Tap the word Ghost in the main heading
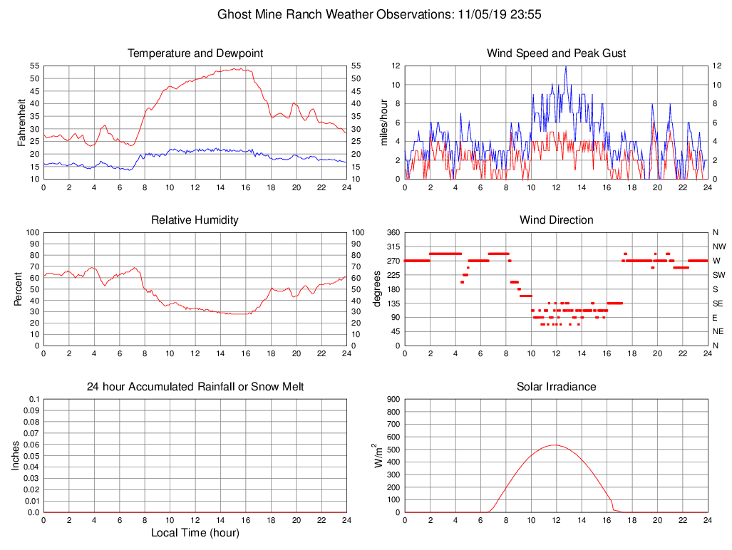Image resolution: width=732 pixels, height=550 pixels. pyautogui.click(x=234, y=14)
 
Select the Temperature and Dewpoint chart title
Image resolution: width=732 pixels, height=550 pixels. pyautogui.click(x=195, y=53)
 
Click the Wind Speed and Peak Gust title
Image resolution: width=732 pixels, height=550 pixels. pyautogui.click(x=556, y=53)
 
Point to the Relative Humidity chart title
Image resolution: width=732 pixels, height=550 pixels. pyautogui.click(x=195, y=220)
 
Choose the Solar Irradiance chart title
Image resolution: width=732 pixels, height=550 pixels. pyautogui.click(x=556, y=387)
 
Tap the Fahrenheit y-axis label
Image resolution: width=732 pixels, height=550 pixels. pyautogui.click(x=21, y=122)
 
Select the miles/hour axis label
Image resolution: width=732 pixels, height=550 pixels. pyautogui.click(x=383, y=122)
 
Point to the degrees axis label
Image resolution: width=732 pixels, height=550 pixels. pyautogui.click(x=378, y=289)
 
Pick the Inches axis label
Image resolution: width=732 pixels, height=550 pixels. pyautogui.click(x=15, y=455)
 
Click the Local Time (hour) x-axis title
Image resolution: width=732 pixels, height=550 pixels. pyautogui.click(x=195, y=533)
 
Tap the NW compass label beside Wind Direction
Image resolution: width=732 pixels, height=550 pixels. pyautogui.click(x=718, y=247)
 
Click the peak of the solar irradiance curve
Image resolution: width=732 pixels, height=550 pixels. pyautogui.click(x=555, y=445)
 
